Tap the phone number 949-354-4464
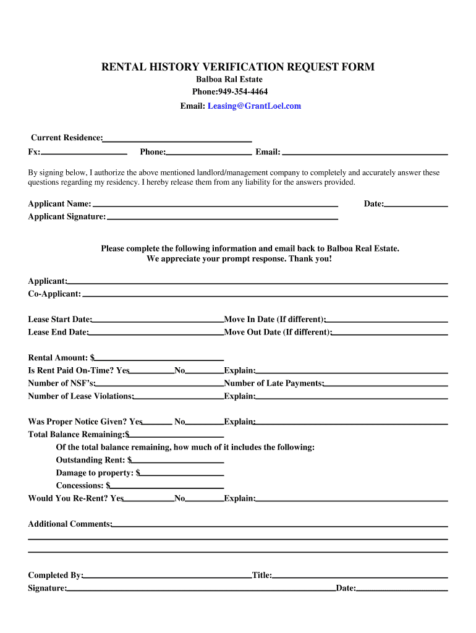point(242,91)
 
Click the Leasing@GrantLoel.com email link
point(254,106)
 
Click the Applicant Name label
point(59,204)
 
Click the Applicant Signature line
point(222,217)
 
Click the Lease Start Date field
point(158,320)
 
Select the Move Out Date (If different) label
point(278,332)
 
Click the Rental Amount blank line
point(159,358)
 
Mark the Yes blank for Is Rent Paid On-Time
point(152,372)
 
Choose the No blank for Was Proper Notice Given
point(205,423)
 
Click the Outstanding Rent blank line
point(177,461)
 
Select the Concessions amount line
point(167,486)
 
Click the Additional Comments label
point(70,524)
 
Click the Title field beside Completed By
point(360,576)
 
